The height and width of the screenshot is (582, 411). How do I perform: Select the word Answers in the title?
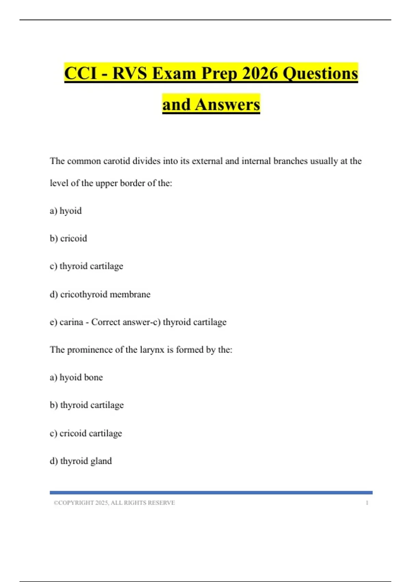pos(227,104)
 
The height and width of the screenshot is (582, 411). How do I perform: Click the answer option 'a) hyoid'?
pos(66,211)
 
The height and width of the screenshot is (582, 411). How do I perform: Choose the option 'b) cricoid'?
pos(68,238)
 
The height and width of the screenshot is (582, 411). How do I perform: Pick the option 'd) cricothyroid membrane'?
pos(100,294)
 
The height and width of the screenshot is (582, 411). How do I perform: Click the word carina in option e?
pos(71,322)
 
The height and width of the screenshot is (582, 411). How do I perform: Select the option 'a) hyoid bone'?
pos(76,377)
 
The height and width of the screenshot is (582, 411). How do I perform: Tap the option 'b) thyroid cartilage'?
pos(87,405)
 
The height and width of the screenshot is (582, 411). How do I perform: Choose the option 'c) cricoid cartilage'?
pos(86,433)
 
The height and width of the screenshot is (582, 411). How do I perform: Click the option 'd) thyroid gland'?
pos(81,461)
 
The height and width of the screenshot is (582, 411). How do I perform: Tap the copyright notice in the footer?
pos(114,503)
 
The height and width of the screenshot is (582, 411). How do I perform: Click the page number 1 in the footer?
pos(367,503)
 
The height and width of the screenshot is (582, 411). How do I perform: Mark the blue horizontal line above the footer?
pos(211,493)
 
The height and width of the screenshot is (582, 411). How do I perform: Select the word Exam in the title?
pos(174,73)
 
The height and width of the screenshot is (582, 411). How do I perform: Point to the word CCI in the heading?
pos(80,73)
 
